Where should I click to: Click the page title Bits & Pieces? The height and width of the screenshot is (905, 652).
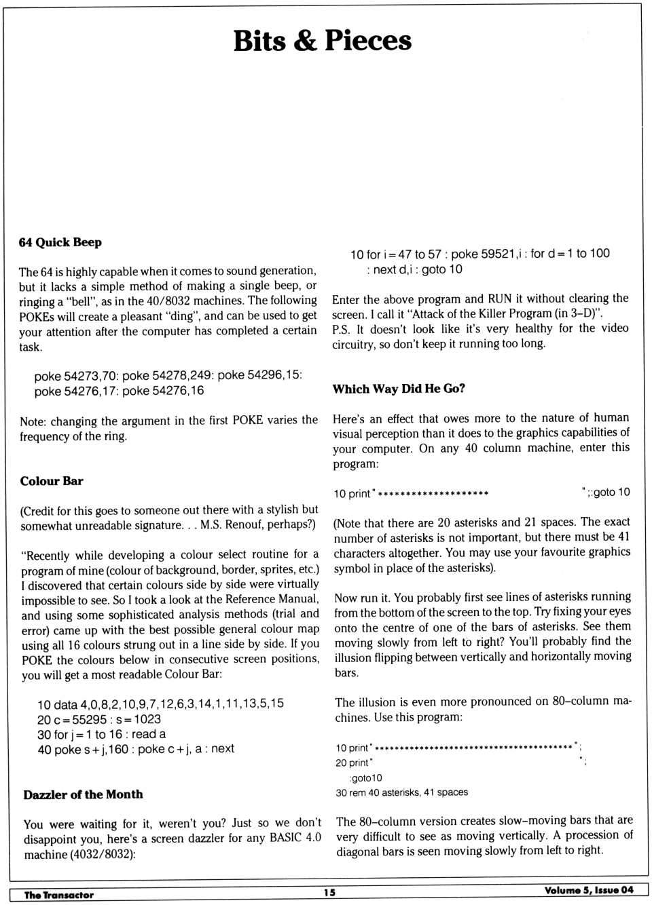coord(322,41)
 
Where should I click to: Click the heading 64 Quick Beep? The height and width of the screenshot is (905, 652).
coord(60,242)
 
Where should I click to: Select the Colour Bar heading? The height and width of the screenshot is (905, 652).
coord(52,481)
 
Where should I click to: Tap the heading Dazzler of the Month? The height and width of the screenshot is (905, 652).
coord(83,794)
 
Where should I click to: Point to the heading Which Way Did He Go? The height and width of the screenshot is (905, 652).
coord(399,389)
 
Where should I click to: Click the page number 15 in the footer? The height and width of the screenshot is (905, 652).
coord(329,893)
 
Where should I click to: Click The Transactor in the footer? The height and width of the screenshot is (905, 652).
coord(59,895)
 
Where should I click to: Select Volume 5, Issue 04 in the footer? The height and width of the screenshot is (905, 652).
coord(588,890)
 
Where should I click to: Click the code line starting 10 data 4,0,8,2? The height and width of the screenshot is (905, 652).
coord(160,704)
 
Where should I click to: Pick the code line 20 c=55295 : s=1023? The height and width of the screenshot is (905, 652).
coord(99,719)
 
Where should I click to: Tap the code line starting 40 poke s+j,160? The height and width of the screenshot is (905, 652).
coord(136,749)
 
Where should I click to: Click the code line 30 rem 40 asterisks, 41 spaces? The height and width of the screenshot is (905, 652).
coord(401,792)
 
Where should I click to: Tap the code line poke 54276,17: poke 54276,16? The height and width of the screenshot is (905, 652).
coord(119,391)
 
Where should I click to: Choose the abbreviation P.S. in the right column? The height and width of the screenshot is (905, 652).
coord(340,329)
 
